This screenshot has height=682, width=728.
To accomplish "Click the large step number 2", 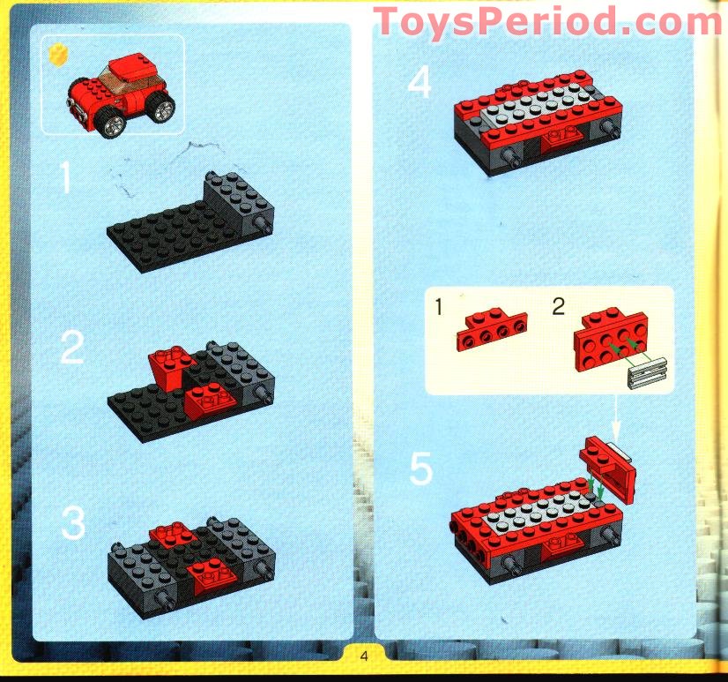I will tap(73, 350).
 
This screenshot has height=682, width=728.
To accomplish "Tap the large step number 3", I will tap(73, 522).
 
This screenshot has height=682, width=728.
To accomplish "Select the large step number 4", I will tap(420, 85).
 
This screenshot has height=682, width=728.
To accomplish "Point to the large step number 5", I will tap(421, 470).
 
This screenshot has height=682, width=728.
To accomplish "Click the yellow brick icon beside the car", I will tap(61, 54).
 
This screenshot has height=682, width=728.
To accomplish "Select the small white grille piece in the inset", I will tap(646, 377).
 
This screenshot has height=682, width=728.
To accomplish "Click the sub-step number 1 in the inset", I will tap(438, 307).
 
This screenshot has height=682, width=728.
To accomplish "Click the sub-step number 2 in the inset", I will tap(557, 307).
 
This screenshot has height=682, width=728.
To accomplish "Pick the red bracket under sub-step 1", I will tap(491, 333).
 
